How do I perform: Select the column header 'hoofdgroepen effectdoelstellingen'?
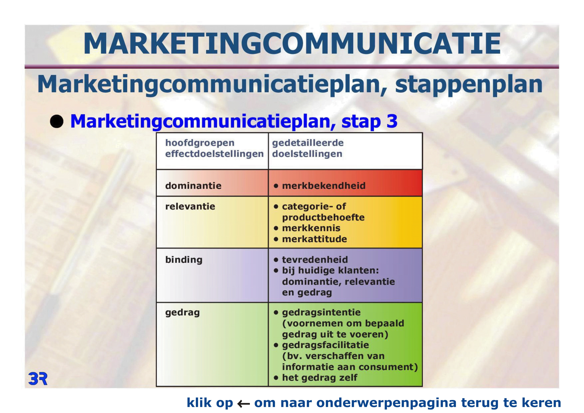click(214, 148)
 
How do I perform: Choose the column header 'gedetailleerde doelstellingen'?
click(308, 148)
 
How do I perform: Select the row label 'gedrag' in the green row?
click(182, 313)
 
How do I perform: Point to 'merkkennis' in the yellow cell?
click(311, 228)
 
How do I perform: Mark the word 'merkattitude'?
click(314, 239)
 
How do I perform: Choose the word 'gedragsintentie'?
click(321, 312)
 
